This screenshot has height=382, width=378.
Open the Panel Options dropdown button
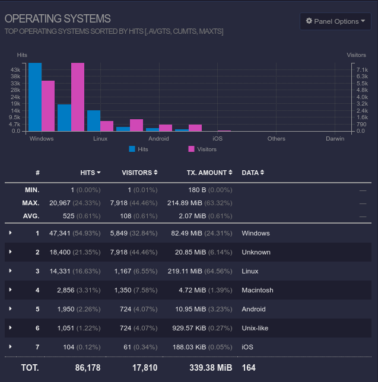335,21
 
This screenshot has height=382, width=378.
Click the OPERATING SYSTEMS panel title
58,19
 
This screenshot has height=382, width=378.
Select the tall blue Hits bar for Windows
35,97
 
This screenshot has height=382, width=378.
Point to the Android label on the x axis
158,139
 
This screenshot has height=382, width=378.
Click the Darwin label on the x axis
335,139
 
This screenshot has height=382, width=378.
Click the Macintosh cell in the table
258,290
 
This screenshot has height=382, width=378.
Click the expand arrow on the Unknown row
11,252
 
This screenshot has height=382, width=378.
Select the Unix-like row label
255,328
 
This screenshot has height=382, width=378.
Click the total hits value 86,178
87,368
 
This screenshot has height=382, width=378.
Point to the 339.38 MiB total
211,368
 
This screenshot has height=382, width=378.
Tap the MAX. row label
31,203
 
